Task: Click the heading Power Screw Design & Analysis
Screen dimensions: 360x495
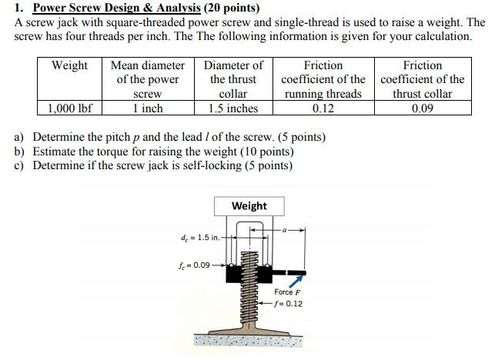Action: tap(116, 8)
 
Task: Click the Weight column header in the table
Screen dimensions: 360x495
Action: tap(69, 65)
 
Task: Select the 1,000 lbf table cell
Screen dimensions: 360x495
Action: tap(69, 108)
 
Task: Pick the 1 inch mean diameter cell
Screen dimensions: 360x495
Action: tap(147, 108)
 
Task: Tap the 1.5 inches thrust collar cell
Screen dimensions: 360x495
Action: tap(233, 108)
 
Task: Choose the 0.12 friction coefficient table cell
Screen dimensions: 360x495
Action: tap(323, 108)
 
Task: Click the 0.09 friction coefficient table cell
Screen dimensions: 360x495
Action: tap(422, 108)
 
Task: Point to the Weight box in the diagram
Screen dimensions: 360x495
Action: tap(249, 206)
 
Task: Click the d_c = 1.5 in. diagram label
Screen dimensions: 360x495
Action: tap(200, 237)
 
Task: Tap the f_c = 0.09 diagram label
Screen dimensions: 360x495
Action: tap(194, 265)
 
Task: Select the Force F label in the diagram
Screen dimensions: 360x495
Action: tap(287, 292)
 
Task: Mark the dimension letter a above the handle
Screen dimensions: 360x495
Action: tap(286, 229)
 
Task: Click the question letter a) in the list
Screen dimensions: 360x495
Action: tap(21, 138)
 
